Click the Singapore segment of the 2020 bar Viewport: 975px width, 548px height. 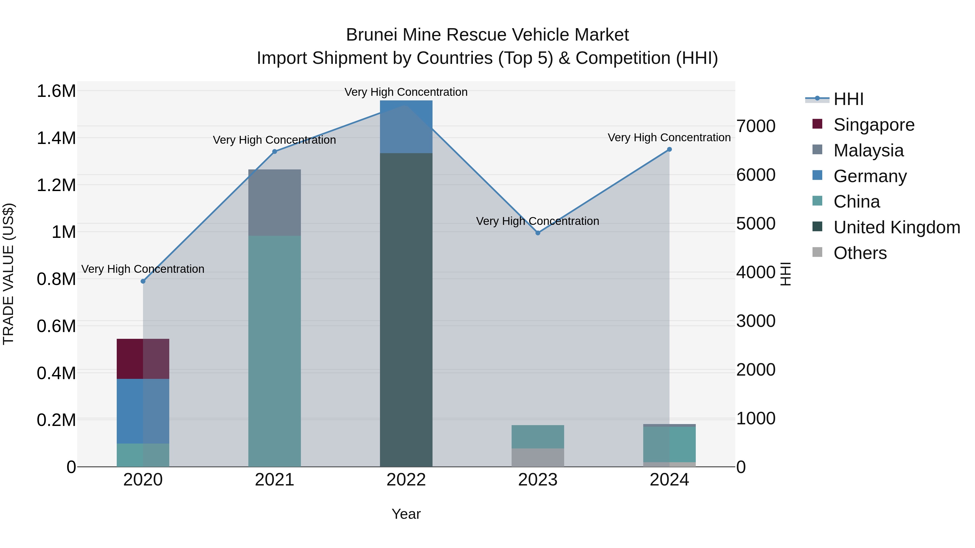(143, 359)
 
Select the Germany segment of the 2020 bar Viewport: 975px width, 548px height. (143, 411)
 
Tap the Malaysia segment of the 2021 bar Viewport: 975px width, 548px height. (274, 202)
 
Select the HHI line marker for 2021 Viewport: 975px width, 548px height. (274, 152)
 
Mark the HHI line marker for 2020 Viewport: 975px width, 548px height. (143, 281)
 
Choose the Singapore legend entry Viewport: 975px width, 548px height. (873, 125)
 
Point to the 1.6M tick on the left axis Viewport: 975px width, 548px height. (56, 91)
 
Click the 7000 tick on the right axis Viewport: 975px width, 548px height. (755, 126)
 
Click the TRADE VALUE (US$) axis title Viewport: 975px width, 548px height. (8, 274)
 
